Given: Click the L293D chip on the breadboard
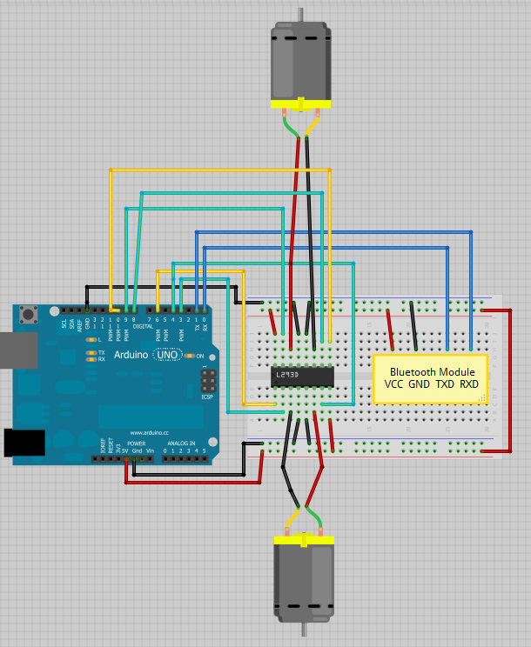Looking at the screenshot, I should [302, 376].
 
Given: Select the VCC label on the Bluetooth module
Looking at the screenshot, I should [394, 384].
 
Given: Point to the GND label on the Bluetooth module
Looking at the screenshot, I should [420, 384].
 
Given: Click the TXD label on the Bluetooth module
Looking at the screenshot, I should [445, 384].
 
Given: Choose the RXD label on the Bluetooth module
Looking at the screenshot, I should [469, 384].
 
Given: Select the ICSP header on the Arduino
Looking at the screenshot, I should [208, 380].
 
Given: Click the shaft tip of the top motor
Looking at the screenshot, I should [300, 13].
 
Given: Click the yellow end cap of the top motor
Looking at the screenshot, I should [300, 104].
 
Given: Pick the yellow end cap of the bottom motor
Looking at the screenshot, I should [304, 540].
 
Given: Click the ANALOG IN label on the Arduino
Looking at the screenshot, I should [182, 443].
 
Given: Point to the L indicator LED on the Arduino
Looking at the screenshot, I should [91, 339].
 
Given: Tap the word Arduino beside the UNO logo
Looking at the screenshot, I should [130, 356].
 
